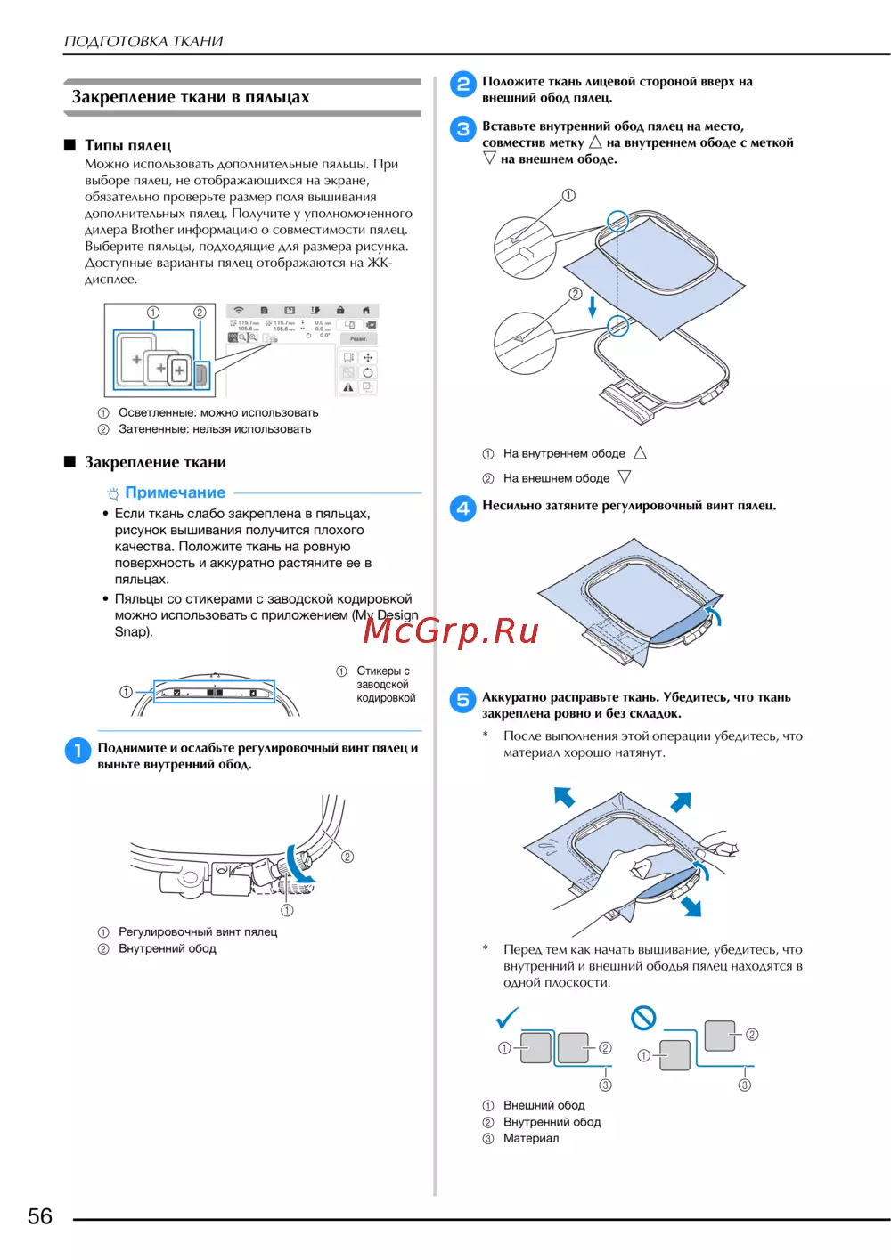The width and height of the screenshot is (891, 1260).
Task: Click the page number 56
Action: point(40,1216)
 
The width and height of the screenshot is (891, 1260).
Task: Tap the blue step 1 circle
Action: point(78,751)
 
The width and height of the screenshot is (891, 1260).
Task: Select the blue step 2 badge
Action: point(462,85)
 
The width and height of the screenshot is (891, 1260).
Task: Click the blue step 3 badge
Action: point(462,129)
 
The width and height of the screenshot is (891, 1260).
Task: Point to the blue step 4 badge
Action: point(462,508)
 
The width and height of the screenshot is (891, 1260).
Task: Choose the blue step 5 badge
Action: point(462,700)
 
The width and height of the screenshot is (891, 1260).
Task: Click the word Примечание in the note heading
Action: point(176,492)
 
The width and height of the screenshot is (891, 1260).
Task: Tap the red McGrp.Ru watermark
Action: point(451,630)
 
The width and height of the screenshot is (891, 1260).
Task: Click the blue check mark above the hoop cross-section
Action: point(507,1018)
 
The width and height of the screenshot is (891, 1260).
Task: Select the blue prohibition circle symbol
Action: point(643,1018)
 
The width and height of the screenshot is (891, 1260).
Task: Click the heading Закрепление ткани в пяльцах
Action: point(191,97)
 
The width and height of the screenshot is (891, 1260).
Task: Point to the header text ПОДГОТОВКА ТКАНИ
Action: point(143,41)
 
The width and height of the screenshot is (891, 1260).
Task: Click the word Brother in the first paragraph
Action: point(151,230)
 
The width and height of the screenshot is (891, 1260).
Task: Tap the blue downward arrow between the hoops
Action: point(593,306)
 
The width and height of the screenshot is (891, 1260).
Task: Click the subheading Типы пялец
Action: point(127,145)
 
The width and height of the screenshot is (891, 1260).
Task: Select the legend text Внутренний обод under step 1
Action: point(168,948)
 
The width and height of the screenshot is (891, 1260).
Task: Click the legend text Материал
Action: point(531,1138)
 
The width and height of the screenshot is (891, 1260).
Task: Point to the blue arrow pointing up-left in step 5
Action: point(564,795)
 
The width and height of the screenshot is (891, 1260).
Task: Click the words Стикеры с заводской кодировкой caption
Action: point(386,684)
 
